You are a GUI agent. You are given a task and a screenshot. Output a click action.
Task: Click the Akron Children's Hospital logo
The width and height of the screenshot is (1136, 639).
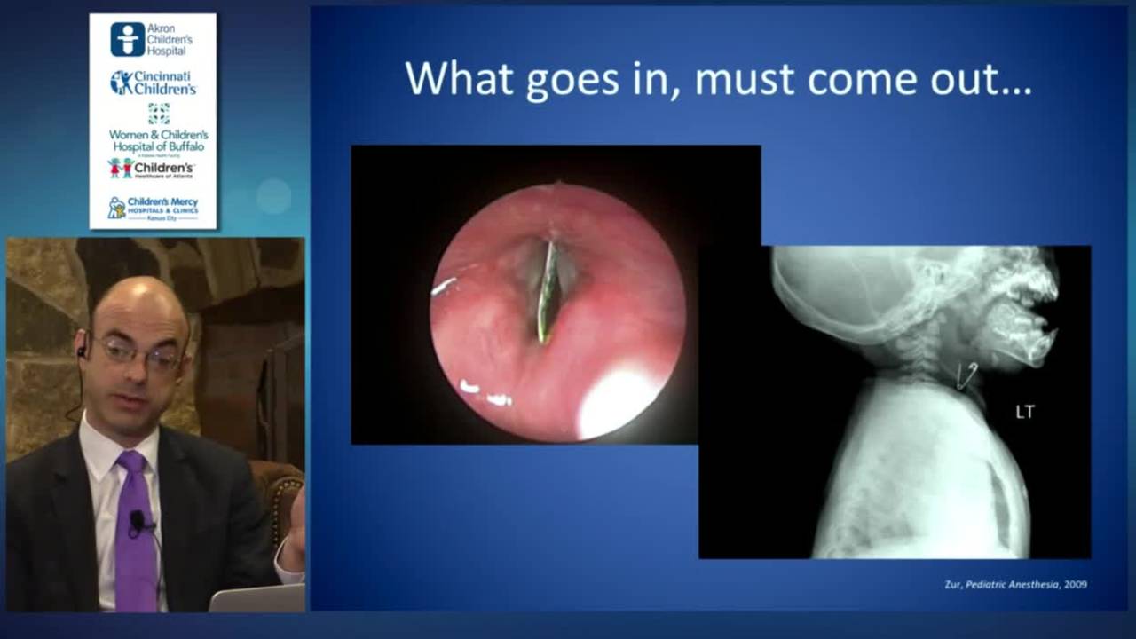pos(152,39)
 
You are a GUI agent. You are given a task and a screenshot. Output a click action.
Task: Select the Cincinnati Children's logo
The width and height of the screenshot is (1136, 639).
pos(153,83)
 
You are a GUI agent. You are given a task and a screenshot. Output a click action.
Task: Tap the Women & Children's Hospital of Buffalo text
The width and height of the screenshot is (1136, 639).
pos(158,140)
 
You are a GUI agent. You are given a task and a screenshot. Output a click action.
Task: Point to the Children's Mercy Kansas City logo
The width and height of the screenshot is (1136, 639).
pos(153,208)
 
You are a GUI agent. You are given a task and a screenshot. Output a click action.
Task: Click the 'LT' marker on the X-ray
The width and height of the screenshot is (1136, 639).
pos(1025,412)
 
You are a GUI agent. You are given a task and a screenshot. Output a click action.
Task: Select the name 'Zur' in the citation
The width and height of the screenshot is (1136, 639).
pos(954,584)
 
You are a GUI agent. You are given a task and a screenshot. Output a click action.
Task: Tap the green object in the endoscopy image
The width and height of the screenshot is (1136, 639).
pos(547,293)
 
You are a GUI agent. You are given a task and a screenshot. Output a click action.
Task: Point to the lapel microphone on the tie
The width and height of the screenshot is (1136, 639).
pos(138,521)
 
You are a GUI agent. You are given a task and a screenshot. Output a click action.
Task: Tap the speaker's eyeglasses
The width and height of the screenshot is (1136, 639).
pos(138,353)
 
